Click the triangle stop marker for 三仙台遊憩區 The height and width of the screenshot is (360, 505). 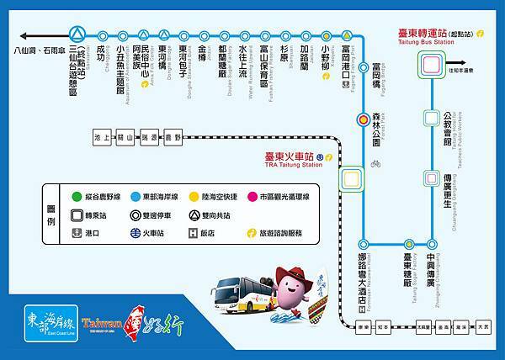click(77, 35)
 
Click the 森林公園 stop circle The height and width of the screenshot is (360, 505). click(364, 119)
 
